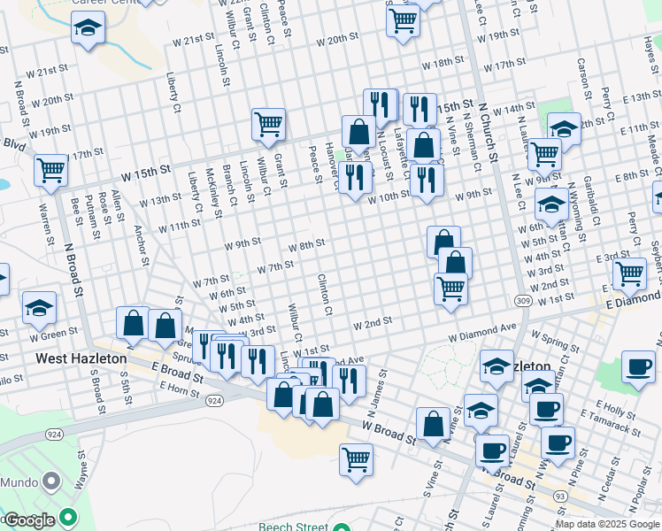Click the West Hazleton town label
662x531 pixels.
tap(81, 359)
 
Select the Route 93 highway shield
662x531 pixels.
tap(561, 496)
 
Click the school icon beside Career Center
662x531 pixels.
tap(88, 29)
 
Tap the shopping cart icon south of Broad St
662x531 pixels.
tap(356, 460)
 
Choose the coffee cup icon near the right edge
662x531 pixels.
tap(638, 366)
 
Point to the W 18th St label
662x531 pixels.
tap(443, 64)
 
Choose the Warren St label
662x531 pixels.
tap(44, 225)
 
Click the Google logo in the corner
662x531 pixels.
tap(29, 520)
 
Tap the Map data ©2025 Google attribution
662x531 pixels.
tap(607, 524)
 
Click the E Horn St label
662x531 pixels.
tap(182, 390)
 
